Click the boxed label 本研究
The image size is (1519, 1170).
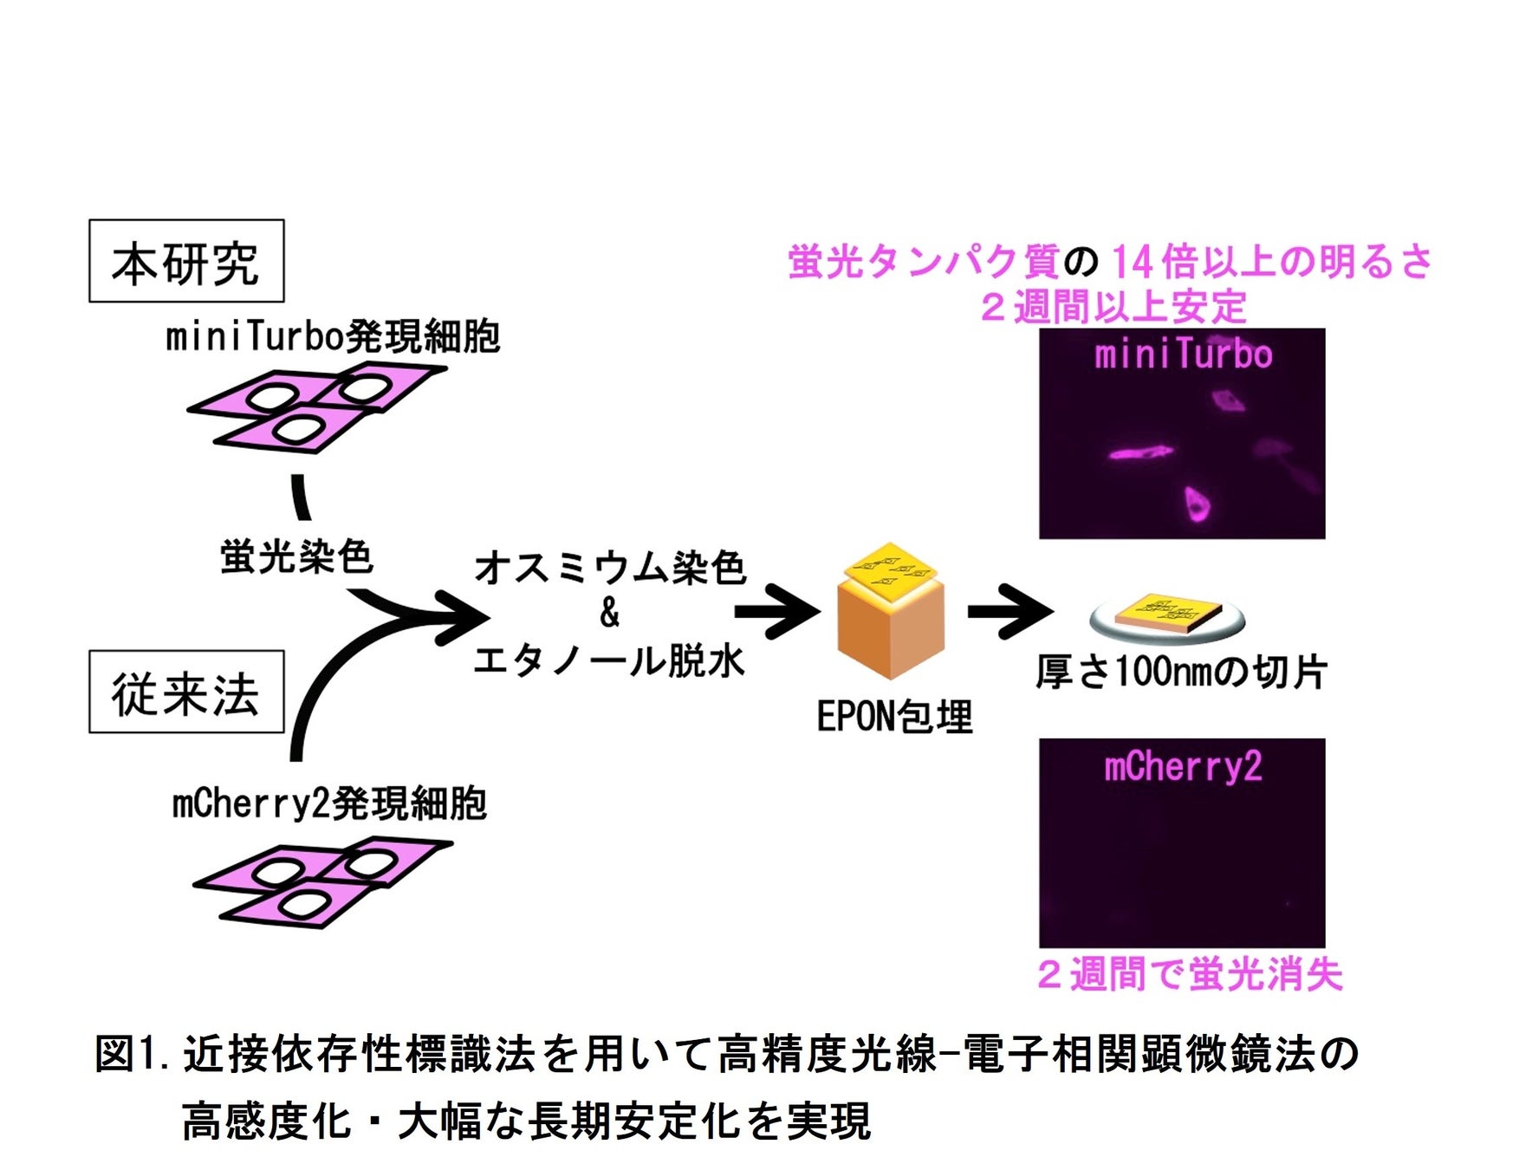pyautogui.click(x=186, y=261)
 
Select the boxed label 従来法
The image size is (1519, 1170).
pyautogui.click(x=186, y=692)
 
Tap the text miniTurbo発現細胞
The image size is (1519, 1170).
pyautogui.click(x=333, y=336)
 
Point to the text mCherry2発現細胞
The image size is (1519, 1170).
pyautogui.click(x=329, y=803)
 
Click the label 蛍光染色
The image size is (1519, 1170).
pyautogui.click(x=296, y=556)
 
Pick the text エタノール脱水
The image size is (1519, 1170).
pyautogui.click(x=609, y=660)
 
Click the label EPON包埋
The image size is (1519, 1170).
pyautogui.click(x=895, y=716)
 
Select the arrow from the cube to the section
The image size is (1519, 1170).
pyautogui.click(x=1010, y=612)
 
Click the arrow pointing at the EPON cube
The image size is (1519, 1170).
pyautogui.click(x=776, y=612)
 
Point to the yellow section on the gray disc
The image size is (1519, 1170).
pyautogui.click(x=1167, y=612)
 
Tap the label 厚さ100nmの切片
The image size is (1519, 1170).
pyautogui.click(x=1182, y=672)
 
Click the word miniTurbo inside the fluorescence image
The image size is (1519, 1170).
pyautogui.click(x=1183, y=354)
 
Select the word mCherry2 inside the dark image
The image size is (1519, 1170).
pyautogui.click(x=1183, y=766)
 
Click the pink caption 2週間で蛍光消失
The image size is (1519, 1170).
pyautogui.click(x=1190, y=974)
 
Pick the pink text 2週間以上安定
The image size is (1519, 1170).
pyautogui.click(x=1113, y=306)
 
